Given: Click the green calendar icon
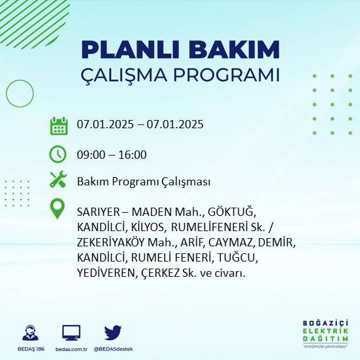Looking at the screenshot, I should coord(58,125).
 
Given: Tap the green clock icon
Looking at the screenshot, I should coord(58,154).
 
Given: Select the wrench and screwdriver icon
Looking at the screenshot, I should coord(58,180).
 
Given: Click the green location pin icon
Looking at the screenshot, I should coord(58,209).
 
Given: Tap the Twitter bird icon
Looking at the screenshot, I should coord(113,332).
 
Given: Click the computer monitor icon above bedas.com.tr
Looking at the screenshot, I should coord(71,332).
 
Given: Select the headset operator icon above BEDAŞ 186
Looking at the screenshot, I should coord(30,332).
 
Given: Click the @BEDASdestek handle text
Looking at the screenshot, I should coord(113,349).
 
